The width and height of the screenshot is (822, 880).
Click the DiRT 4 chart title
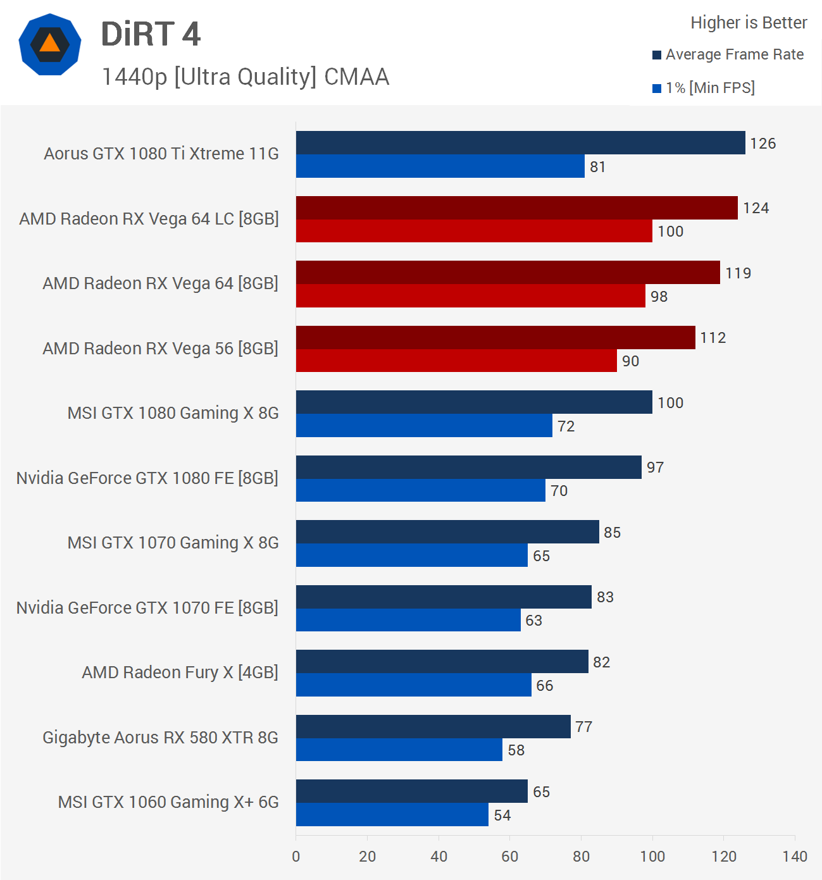coord(151,34)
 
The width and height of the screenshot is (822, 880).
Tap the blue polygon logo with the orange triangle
coord(50,44)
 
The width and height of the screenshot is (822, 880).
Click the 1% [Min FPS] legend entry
coord(704,88)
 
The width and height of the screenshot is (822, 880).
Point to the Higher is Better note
coord(749,23)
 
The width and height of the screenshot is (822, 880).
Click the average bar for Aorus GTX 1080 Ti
coord(520,143)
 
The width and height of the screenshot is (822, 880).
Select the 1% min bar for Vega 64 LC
coord(474,231)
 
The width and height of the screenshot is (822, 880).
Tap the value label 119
coord(738,273)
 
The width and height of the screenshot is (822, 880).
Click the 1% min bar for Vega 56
coord(456,361)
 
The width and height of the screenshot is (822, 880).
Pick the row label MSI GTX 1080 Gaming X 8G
coord(173,413)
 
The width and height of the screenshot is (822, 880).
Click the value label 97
coord(655,468)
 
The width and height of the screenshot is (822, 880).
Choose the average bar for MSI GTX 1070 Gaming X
coord(447,532)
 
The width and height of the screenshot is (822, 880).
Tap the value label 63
coord(533,621)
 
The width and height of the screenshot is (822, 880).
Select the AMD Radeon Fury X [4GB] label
coord(180,672)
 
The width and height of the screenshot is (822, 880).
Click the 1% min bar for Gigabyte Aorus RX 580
coord(399,750)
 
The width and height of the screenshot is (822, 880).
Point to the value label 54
coord(502,815)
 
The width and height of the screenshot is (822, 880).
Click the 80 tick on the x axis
coord(581,857)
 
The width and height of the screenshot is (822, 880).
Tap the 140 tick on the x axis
coord(794,857)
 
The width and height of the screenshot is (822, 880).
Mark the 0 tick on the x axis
coord(296,857)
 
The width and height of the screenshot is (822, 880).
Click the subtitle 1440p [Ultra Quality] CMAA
coord(246,77)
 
